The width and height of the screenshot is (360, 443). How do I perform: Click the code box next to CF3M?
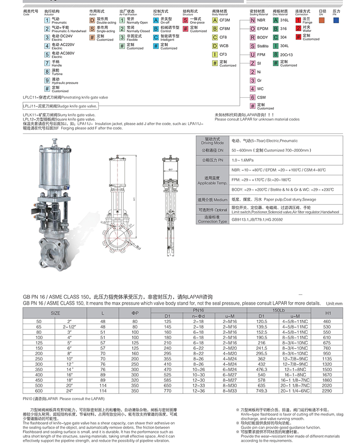(215, 21)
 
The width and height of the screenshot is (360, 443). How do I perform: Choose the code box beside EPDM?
(253, 29)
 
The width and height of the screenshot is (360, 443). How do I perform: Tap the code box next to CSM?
(253, 97)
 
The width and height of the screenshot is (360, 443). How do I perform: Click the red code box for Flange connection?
(298, 21)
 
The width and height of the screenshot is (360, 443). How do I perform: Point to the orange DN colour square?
(321, 20)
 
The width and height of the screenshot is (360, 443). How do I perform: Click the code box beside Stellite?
(253, 46)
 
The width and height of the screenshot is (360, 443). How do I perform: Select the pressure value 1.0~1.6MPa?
(242, 159)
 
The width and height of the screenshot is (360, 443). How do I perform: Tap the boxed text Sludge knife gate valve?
(60, 107)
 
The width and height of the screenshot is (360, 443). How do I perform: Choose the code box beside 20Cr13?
(276, 54)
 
